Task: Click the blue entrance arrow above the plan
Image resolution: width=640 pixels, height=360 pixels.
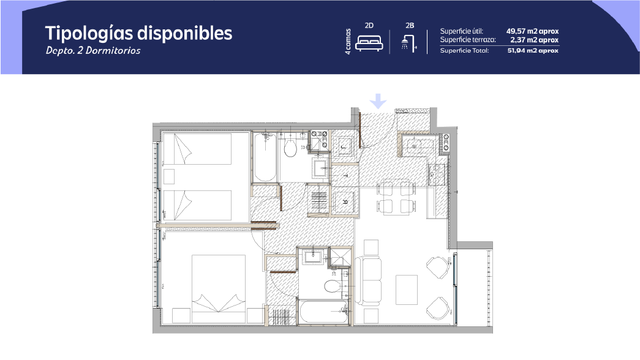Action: (378, 101)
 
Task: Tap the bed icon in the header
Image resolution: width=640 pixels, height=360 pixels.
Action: (369, 43)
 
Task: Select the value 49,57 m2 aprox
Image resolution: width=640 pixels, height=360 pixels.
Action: (532, 31)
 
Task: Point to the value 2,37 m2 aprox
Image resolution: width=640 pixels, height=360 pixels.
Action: (534, 40)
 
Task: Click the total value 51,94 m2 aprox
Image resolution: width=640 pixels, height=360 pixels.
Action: (533, 51)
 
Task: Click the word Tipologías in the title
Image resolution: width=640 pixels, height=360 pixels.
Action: (89, 34)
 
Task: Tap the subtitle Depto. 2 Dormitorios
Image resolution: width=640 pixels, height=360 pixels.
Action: (93, 51)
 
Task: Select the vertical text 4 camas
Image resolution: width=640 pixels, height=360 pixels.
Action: (348, 42)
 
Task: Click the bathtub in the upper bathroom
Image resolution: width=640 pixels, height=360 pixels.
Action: (265, 157)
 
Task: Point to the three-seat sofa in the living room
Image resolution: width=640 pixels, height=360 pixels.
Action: (368, 280)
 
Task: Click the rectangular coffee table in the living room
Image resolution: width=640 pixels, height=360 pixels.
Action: (407, 290)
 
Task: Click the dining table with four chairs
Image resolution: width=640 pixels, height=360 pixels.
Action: (394, 197)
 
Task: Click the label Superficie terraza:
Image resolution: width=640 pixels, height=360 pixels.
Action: (468, 40)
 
